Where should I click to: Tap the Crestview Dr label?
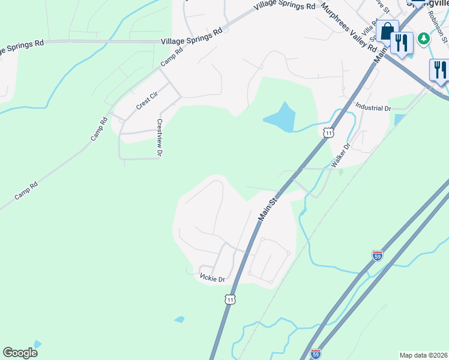tap(160, 138)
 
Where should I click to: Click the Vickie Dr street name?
tap(212, 279)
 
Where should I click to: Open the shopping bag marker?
tap(387, 31)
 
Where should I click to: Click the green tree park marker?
tap(424, 38)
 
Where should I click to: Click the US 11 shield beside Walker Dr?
tap(328, 132)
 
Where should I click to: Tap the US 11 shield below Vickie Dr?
tap(230, 299)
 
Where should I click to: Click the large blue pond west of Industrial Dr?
tap(280, 118)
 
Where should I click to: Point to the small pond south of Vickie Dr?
tap(179, 319)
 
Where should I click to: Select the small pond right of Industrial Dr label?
tap(399, 119)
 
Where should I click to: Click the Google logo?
tap(20, 353)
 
